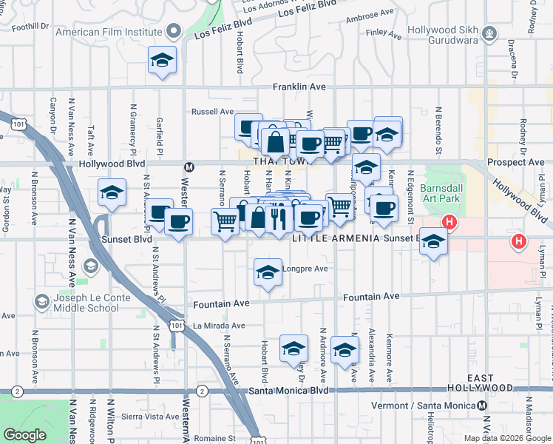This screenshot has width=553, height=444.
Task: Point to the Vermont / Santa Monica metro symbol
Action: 482,406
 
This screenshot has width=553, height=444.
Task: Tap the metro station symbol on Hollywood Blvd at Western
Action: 189,166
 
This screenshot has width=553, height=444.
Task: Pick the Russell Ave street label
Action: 212,112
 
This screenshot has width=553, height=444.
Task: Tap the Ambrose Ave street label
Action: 370,14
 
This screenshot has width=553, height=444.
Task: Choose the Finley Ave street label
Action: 382,33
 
